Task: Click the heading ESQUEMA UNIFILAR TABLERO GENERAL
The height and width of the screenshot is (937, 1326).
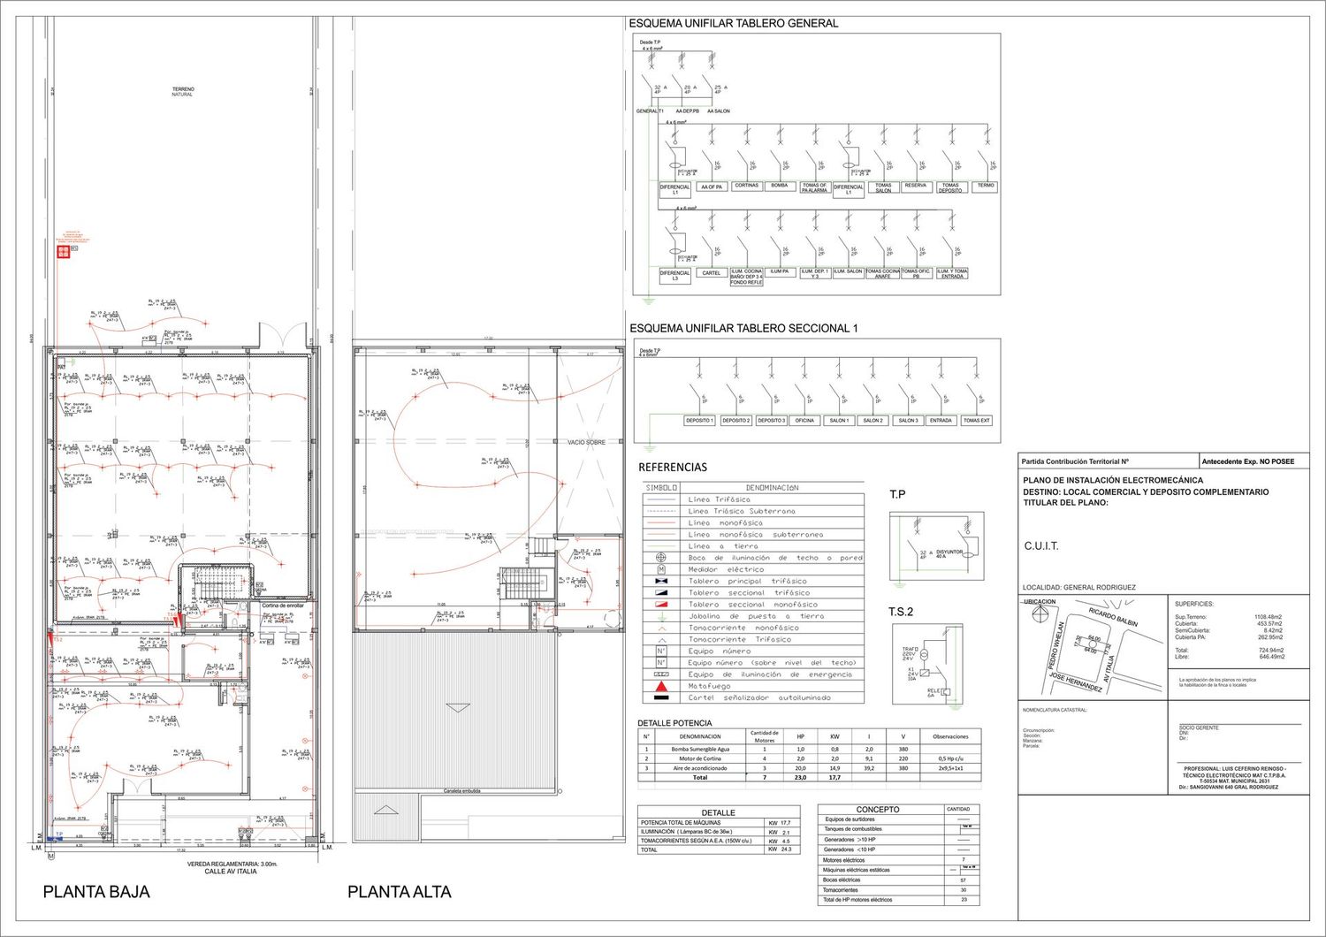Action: click(x=733, y=24)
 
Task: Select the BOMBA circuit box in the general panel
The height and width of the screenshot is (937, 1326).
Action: click(x=779, y=187)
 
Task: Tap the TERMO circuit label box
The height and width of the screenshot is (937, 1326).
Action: click(x=986, y=187)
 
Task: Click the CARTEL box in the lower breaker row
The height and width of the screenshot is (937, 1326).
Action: click(x=712, y=273)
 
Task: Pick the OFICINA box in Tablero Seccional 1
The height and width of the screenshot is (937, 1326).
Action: click(x=804, y=421)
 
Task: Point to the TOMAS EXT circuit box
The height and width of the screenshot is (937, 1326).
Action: click(x=976, y=421)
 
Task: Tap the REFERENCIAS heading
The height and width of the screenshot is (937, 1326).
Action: click(x=673, y=467)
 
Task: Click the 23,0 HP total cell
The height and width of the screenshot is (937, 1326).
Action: click(x=800, y=778)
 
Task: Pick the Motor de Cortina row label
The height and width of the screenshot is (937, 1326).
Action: click(x=699, y=758)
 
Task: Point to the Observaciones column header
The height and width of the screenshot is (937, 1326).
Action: click(x=950, y=736)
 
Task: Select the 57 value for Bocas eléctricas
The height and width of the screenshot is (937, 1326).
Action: click(x=963, y=880)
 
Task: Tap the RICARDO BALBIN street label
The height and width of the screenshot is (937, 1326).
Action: click(x=1113, y=617)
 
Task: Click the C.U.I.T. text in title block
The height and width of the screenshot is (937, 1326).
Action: click(x=1041, y=546)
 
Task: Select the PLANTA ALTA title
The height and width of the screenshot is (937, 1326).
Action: click(x=399, y=892)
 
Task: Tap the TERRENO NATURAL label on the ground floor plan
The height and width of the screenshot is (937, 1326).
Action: click(x=183, y=92)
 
